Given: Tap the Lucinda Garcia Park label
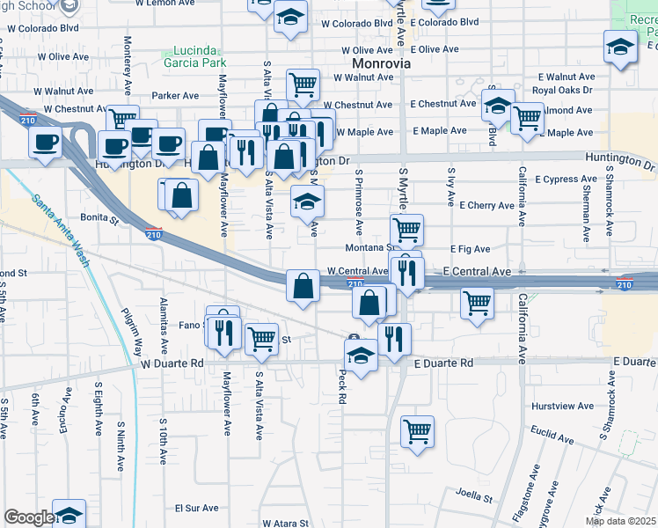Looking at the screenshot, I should [194, 56].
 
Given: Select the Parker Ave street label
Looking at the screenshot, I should [175, 95].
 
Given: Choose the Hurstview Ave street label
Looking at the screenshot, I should [563, 407].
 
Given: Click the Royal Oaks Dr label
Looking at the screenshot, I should [563, 90].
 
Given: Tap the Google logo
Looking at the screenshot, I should [28, 517].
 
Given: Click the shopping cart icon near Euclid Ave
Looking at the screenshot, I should [418, 430].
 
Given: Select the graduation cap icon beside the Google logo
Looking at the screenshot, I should [69, 515].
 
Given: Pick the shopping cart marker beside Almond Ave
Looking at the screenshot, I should [527, 116].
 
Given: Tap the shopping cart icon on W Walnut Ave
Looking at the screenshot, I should [303, 84].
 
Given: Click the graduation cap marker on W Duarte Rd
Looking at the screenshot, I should [362, 356].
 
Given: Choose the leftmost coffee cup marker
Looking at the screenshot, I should [45, 142].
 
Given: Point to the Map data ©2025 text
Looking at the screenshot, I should [620, 521].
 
